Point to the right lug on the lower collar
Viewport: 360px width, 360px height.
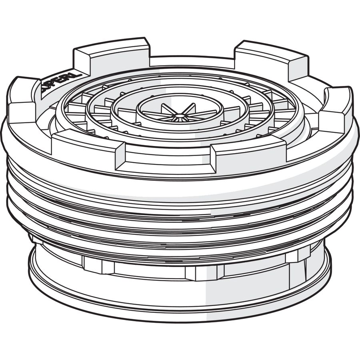point(298,255)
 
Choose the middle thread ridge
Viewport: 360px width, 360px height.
point(180,216)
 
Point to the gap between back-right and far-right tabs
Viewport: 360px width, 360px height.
point(316,84)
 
